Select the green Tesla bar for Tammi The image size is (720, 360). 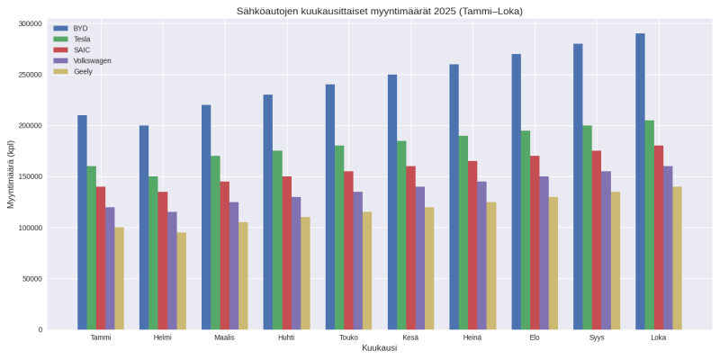coord(92,247)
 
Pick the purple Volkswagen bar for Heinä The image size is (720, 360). coord(481,256)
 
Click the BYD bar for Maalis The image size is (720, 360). coord(206,217)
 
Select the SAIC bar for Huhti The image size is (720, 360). coord(286,253)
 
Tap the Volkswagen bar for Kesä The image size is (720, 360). coord(419,257)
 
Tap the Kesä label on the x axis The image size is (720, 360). coord(410,337)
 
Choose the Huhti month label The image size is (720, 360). coord(286,337)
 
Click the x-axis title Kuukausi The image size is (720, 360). coord(379,348)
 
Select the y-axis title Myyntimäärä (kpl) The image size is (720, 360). coord(11,175)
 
